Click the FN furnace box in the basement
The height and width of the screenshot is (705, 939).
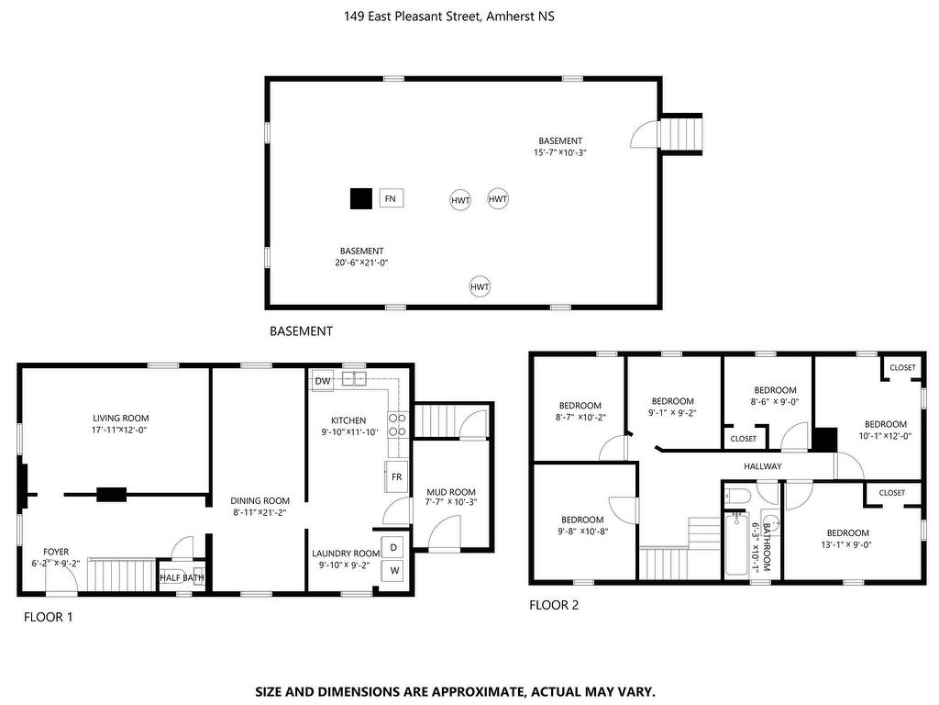pyautogui.click(x=391, y=198)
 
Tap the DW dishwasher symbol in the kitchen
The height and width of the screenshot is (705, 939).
pyautogui.click(x=323, y=381)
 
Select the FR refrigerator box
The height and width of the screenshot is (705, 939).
pyautogui.click(x=396, y=476)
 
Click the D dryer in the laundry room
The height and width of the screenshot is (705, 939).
pyautogui.click(x=392, y=547)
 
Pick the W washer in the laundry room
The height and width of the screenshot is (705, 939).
pyautogui.click(x=394, y=571)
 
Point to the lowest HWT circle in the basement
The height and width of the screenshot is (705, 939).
pyautogui.click(x=480, y=287)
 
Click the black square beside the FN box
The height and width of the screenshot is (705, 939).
pyautogui.click(x=361, y=198)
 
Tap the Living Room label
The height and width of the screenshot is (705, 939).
pyautogui.click(x=121, y=418)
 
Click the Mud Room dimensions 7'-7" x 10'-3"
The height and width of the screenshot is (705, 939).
pyautogui.click(x=451, y=502)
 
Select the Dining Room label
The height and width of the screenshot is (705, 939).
pyautogui.click(x=260, y=500)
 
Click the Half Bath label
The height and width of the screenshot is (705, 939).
pyautogui.click(x=182, y=578)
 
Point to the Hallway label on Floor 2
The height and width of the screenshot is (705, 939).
pyautogui.click(x=763, y=465)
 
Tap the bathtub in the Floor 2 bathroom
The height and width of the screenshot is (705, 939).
pyautogui.click(x=736, y=544)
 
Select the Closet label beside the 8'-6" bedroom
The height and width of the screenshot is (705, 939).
pyautogui.click(x=743, y=439)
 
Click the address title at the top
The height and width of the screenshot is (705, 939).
pyautogui.click(x=449, y=17)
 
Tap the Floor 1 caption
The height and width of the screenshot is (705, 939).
pyautogui.click(x=49, y=617)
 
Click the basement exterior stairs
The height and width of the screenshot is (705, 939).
pyautogui.click(x=679, y=133)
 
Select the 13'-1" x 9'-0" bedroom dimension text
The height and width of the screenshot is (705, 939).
pyautogui.click(x=847, y=545)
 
